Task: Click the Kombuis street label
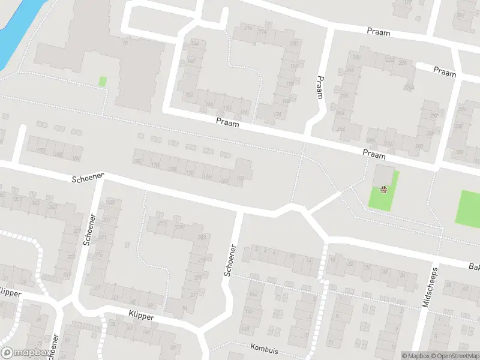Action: pos(265,347)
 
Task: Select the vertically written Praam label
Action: pos(320,87)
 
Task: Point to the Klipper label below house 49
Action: pos(142,316)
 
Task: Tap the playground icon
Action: pos(383,190)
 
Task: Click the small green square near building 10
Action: pos(103,81)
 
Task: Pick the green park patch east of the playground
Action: pos(469,208)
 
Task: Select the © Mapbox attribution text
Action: pos(416,356)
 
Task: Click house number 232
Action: pos(357,58)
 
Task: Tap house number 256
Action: pos(341,129)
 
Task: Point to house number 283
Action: pos(202,238)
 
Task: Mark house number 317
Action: pos(67,275)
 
